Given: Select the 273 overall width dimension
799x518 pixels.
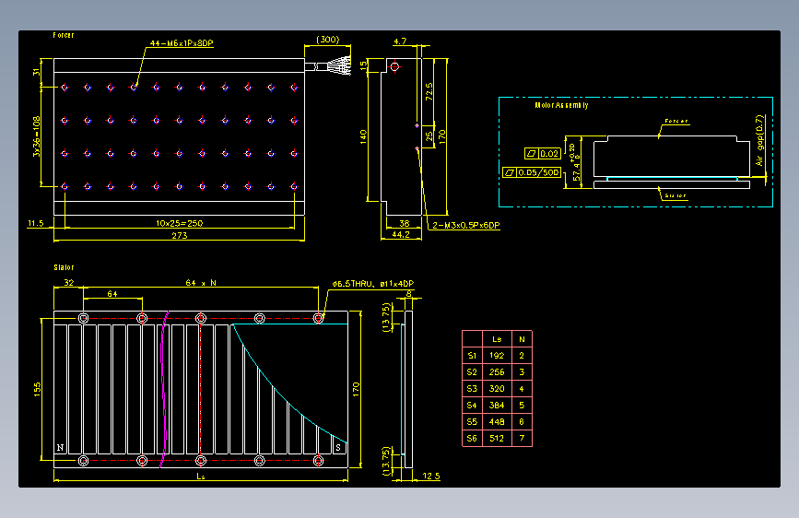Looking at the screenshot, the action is (x=179, y=236).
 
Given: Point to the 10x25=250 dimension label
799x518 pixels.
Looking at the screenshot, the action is (x=179, y=222).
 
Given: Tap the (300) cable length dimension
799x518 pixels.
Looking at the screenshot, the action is (x=327, y=40).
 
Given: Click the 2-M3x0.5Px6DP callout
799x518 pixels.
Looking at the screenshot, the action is (x=465, y=225).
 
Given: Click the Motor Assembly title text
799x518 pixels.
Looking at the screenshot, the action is (x=561, y=105).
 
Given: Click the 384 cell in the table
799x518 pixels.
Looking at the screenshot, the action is (x=498, y=405).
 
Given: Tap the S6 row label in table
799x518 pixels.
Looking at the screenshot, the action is (x=472, y=438).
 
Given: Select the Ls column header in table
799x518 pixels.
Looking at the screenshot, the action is (x=498, y=338).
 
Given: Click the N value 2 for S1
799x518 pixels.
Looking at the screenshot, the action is (x=523, y=355).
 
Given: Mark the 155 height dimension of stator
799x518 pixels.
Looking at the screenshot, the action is (x=37, y=388).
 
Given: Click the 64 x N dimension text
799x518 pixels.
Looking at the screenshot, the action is (x=200, y=282).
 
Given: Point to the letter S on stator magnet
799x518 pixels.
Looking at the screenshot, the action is (x=338, y=448).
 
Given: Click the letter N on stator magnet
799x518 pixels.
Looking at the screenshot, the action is (x=61, y=448).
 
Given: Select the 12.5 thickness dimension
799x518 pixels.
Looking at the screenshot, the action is (x=431, y=476).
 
